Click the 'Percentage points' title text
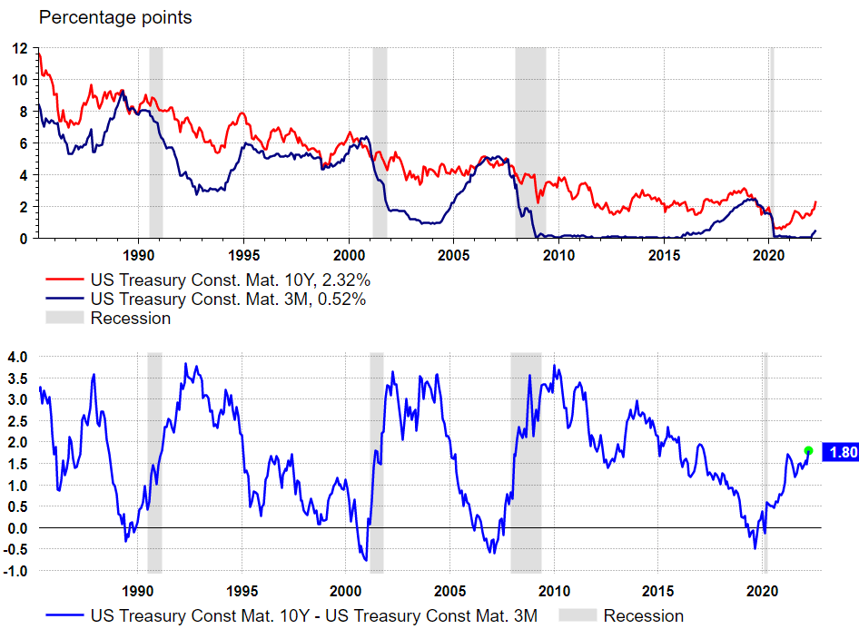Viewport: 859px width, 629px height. click(x=115, y=18)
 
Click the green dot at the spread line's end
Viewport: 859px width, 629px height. click(x=808, y=450)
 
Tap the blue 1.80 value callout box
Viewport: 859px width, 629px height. click(x=840, y=451)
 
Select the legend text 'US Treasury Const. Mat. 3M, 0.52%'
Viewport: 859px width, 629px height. click(x=227, y=299)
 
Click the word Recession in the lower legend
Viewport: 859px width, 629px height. click(x=643, y=616)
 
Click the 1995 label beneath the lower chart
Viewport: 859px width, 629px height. click(x=242, y=589)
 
